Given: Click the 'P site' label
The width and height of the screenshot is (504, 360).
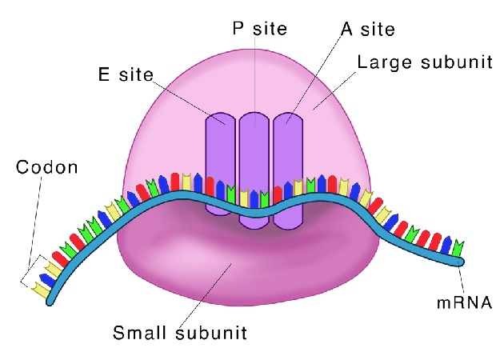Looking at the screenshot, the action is tap(259, 28).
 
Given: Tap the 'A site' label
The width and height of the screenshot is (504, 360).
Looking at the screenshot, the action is tap(368, 30).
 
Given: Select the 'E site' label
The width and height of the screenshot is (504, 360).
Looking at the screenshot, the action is tap(126, 74).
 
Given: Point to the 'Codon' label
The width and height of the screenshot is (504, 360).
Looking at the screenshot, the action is tap(47, 167).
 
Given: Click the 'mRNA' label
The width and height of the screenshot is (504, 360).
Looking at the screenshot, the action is tap(465, 302).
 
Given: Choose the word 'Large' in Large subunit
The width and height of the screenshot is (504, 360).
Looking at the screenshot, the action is tap(385, 63).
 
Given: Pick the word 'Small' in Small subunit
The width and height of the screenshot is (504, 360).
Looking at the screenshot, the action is tap(141, 333).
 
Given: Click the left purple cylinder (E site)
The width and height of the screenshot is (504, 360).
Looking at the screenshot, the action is tap(221, 163).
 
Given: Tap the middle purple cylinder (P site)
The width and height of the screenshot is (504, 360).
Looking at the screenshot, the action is tap(254, 170).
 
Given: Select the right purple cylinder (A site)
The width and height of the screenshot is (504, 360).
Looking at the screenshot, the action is tap(288, 171).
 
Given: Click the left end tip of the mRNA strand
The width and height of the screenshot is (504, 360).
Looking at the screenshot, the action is tap(50, 302).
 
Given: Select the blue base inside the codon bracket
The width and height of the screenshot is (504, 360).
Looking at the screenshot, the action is tap(47, 280).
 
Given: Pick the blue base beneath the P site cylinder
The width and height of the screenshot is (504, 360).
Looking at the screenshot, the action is tap(254, 198).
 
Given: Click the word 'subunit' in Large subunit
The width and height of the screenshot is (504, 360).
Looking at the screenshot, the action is tap(457, 62).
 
